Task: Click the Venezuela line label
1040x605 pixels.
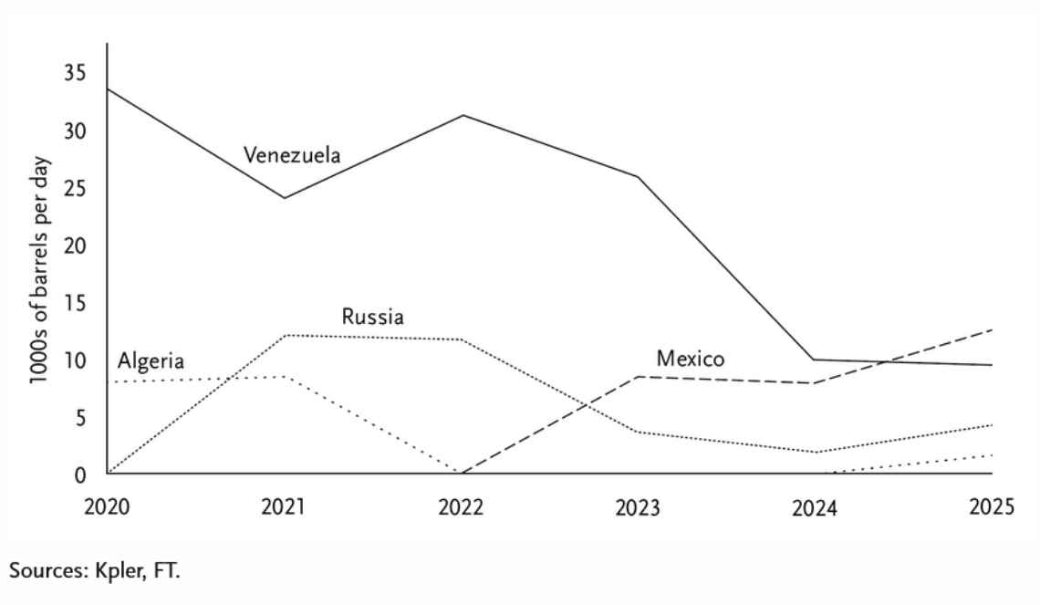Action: (292, 155)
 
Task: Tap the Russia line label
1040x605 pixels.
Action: (372, 318)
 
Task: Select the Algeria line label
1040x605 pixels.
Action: (151, 361)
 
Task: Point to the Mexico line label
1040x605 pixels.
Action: (691, 359)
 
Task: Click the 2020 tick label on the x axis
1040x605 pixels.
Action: (106, 507)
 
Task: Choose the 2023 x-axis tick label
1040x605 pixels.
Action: (638, 507)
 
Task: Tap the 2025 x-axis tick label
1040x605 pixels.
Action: (992, 507)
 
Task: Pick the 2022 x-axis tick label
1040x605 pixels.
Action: (461, 507)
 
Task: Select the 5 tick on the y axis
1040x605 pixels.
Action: (80, 418)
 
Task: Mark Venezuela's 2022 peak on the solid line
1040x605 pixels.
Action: (463, 115)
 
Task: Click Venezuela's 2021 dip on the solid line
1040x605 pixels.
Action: (285, 198)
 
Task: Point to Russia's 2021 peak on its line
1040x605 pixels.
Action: (286, 336)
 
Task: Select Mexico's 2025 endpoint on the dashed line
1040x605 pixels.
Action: (993, 329)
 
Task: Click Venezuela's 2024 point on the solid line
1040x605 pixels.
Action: (815, 360)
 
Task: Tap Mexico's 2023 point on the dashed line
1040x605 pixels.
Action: (638, 377)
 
